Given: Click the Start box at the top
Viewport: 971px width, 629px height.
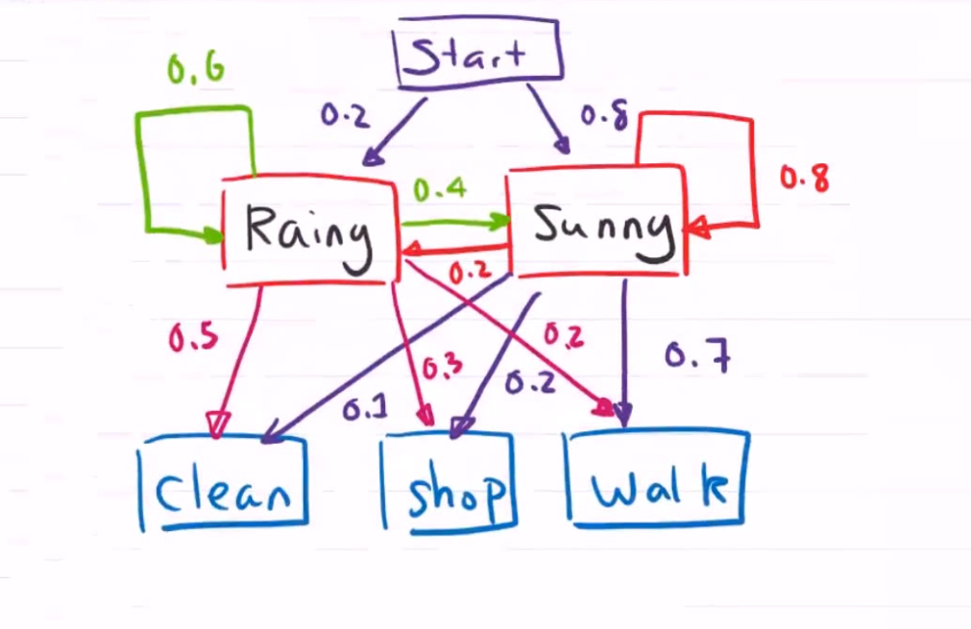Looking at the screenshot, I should pos(478,54).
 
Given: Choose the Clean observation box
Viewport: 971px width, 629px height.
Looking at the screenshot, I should pos(224,485).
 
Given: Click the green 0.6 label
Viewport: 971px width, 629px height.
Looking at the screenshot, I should pos(196,69).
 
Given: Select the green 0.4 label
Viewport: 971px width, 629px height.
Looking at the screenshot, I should pos(439,189).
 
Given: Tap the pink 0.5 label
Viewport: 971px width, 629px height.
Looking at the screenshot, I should pos(193,338).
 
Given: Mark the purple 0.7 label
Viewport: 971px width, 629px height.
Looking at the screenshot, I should pos(698,357).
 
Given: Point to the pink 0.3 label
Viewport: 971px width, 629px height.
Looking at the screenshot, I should pos(443,365).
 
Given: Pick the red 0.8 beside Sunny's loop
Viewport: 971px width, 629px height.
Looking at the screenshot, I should pos(804,178).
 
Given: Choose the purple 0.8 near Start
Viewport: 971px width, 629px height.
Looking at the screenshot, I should pos(604,116).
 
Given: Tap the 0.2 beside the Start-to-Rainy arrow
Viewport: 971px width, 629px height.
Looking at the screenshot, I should pos(344,116).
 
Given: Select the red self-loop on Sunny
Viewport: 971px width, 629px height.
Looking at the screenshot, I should pos(752,173).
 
